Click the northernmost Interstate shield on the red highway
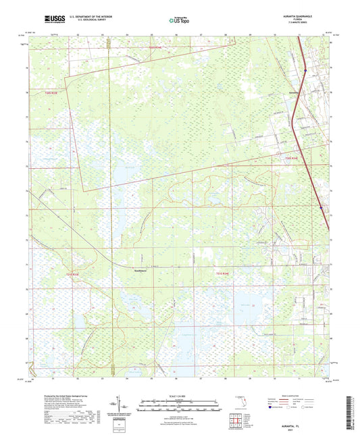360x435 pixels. point(305,68)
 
